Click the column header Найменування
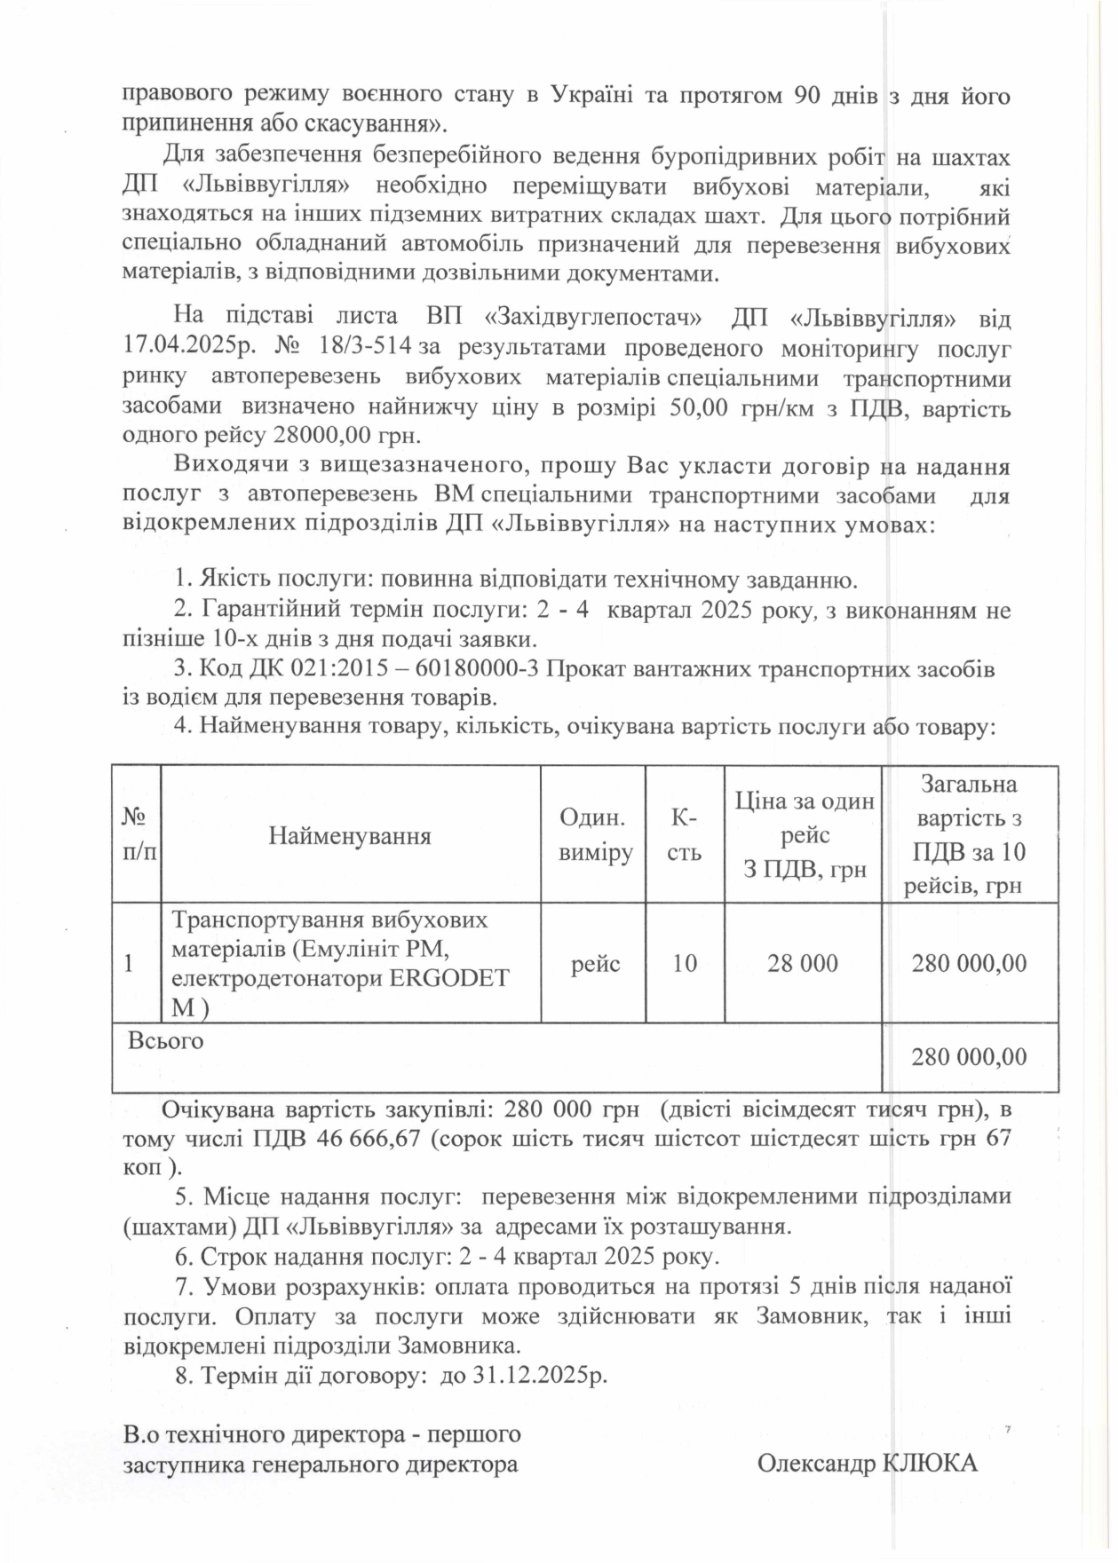[x=350, y=835]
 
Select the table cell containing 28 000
[x=802, y=964]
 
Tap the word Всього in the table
[x=166, y=1040]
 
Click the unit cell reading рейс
[x=595, y=964]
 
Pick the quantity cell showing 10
[x=684, y=964]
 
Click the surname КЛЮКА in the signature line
[x=927, y=1464]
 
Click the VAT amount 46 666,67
[x=361, y=1139]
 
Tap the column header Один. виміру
[x=594, y=835]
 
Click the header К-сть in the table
[x=684, y=835]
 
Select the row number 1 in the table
[x=131, y=964]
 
